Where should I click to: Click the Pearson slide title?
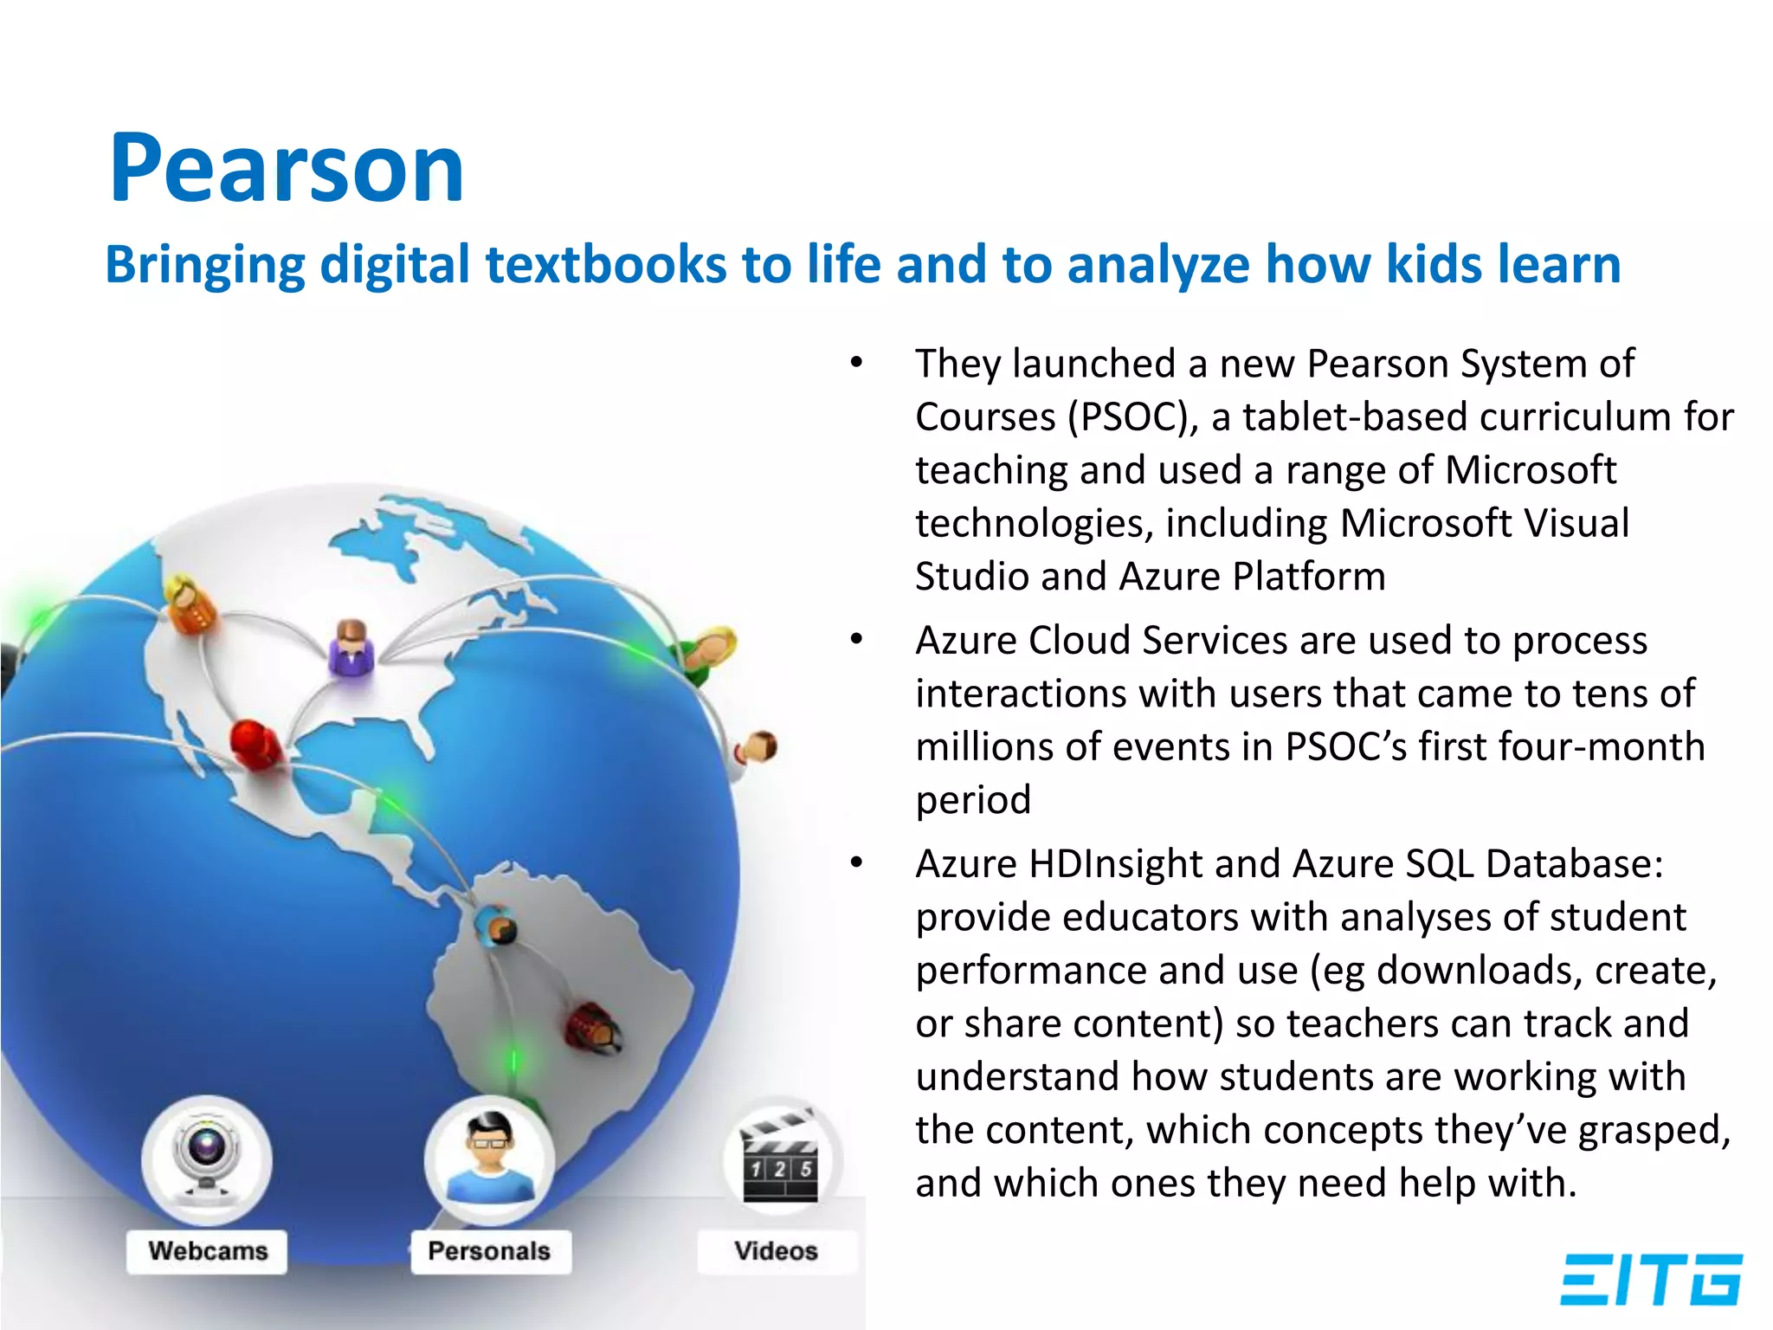coord(287,168)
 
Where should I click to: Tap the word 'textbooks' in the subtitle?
coord(605,264)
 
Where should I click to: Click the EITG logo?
coord(1651,1279)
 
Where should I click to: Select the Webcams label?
coord(208,1251)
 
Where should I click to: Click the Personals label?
coord(489,1251)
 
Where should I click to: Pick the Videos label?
coord(776,1251)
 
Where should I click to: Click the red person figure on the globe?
coord(254,743)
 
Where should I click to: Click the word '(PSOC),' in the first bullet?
coord(1133,417)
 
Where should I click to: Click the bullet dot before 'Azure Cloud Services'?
coord(856,640)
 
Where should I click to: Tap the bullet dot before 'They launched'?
coord(856,363)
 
